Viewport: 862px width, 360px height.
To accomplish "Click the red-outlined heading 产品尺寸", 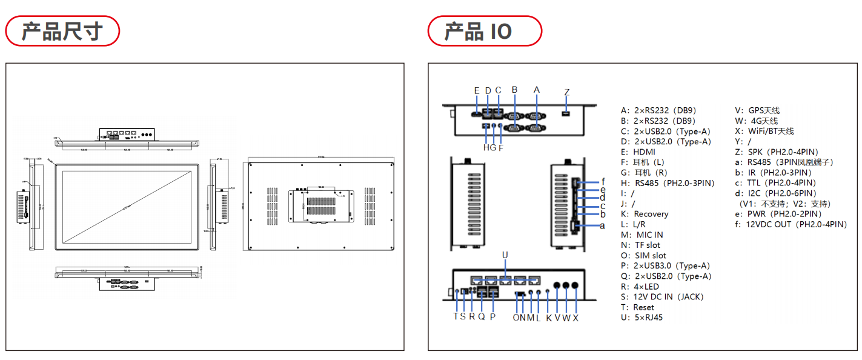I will (62, 31).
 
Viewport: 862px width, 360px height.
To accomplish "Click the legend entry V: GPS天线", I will (757, 110).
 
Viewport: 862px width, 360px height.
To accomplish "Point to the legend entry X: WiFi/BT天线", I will (764, 131).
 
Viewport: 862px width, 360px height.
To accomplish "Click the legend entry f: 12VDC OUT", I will (791, 224).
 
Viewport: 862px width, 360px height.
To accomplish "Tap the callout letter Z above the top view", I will (567, 92).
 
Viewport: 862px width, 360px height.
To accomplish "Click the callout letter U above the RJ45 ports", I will (505, 255).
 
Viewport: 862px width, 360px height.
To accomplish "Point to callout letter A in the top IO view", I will (536, 90).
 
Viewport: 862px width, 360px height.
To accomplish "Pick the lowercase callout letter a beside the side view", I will (602, 225).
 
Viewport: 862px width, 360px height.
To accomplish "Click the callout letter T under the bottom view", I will (456, 317).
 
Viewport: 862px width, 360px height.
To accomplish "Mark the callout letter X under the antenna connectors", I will (575, 318).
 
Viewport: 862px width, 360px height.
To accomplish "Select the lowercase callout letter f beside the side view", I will (603, 181).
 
